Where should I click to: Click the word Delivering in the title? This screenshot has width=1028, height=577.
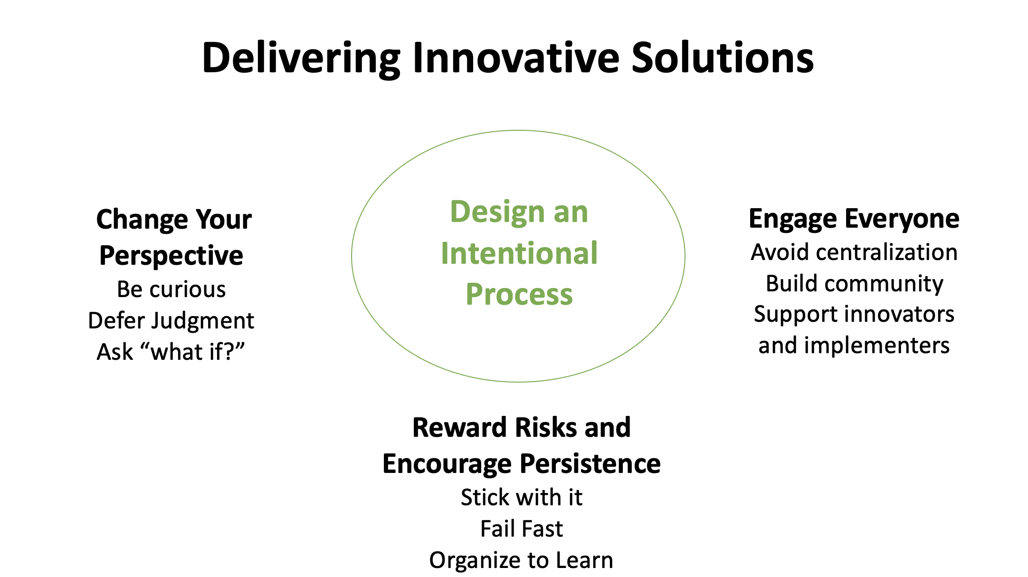point(301,58)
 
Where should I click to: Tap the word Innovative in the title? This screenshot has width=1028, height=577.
point(516,58)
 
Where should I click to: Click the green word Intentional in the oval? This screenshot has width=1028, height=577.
point(519,253)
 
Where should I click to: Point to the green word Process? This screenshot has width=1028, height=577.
point(519,295)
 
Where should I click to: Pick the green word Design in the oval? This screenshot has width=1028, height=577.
point(497,212)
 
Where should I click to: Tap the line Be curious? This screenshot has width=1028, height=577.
point(171,289)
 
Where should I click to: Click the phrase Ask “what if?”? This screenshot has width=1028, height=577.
point(171,352)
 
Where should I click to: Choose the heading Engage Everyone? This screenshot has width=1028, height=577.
point(854,220)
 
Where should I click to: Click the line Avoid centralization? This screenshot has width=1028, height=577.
point(854,252)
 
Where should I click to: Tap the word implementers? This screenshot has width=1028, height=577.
point(876,346)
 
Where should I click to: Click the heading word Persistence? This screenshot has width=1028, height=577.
point(590,464)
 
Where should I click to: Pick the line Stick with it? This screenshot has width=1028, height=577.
point(522,498)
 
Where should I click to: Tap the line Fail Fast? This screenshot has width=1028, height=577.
point(522,529)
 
